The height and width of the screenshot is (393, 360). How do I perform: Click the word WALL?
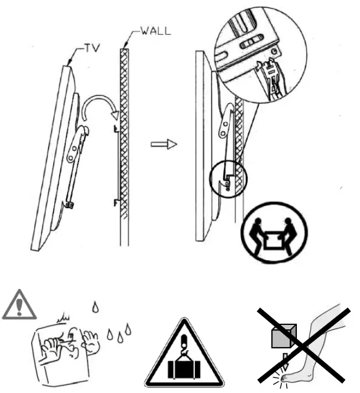(x=156, y=31)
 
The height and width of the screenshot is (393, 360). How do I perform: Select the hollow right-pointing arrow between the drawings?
(x=164, y=144)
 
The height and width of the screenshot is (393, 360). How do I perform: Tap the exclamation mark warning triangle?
(x=19, y=306)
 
